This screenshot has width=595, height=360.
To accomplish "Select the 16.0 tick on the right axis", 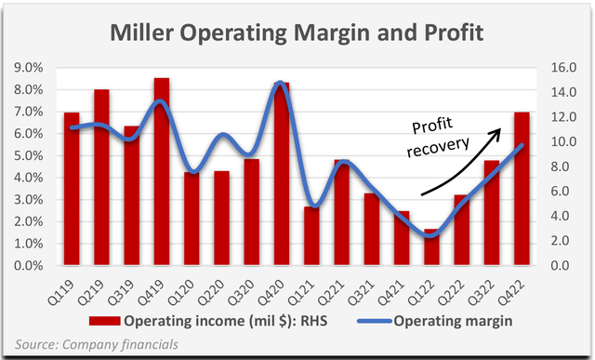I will (x=557, y=68).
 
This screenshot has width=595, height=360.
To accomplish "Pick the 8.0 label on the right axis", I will (x=557, y=167).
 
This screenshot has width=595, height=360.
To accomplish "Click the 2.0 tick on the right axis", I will (x=557, y=242).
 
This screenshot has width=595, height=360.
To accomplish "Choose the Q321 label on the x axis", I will (x=370, y=285).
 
